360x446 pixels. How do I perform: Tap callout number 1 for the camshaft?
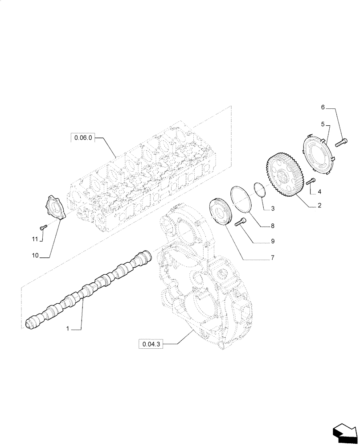coord(67,329)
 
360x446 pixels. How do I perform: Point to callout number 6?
coord(323,107)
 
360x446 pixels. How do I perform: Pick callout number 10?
coord(35,256)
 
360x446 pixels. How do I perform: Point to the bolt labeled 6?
coord(342,142)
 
